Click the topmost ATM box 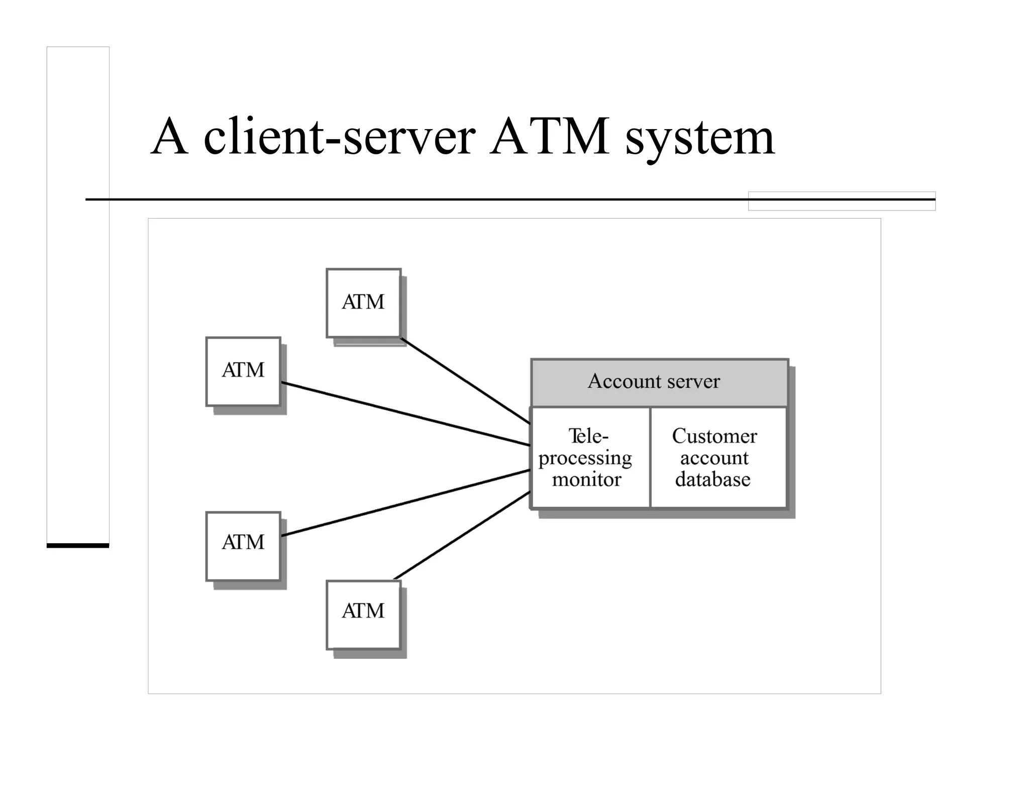[x=363, y=303]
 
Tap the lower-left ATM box [x=243, y=546]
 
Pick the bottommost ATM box [x=363, y=614]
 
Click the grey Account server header [x=659, y=382]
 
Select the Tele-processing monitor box [x=590, y=457]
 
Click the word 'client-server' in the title [x=339, y=137]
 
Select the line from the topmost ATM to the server [x=465, y=380]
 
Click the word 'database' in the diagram [x=712, y=479]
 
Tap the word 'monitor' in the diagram [x=586, y=479]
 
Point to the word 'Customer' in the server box [x=714, y=436]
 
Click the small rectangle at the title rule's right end [x=842, y=201]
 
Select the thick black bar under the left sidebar [x=78, y=545]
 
